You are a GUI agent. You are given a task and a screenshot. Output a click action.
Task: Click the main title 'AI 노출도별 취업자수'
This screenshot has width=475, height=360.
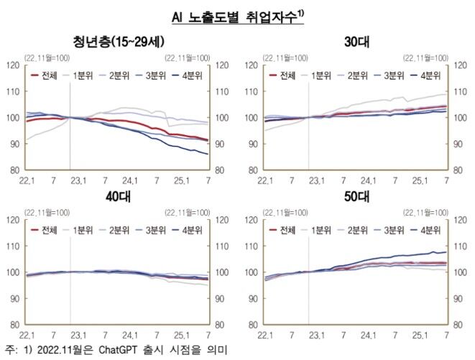(236, 17)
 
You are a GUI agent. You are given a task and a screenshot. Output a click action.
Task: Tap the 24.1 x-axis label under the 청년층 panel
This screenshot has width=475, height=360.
(131, 180)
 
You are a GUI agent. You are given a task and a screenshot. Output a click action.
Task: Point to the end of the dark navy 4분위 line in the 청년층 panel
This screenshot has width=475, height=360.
(208, 154)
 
